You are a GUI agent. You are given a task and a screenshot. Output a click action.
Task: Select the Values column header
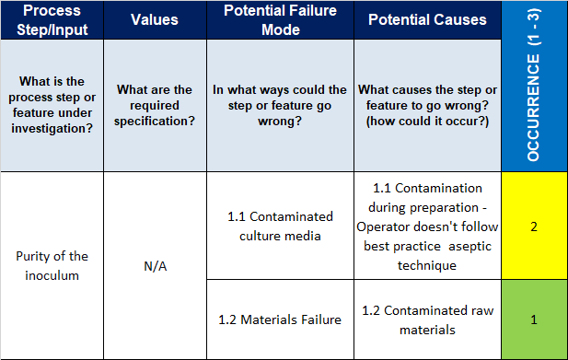click(154, 19)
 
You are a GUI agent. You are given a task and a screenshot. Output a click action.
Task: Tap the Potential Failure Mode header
click(281, 19)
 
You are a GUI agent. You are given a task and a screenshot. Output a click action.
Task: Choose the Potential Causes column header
click(427, 19)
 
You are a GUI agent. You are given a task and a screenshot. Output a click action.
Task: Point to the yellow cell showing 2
click(534, 226)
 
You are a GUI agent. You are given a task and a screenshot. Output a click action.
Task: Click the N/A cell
click(154, 266)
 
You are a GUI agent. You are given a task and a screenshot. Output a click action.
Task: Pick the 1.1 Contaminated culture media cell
click(281, 226)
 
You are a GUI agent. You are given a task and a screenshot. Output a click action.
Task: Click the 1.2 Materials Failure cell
click(281, 319)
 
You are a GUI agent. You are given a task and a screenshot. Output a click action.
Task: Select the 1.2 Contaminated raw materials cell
click(427, 319)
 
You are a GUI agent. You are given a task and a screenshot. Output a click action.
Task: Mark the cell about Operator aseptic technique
click(427, 226)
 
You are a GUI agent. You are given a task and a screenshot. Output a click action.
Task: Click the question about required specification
click(154, 105)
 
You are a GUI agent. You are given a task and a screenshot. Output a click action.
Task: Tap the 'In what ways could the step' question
click(281, 105)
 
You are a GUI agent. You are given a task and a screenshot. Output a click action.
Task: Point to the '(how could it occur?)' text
click(427, 121)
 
